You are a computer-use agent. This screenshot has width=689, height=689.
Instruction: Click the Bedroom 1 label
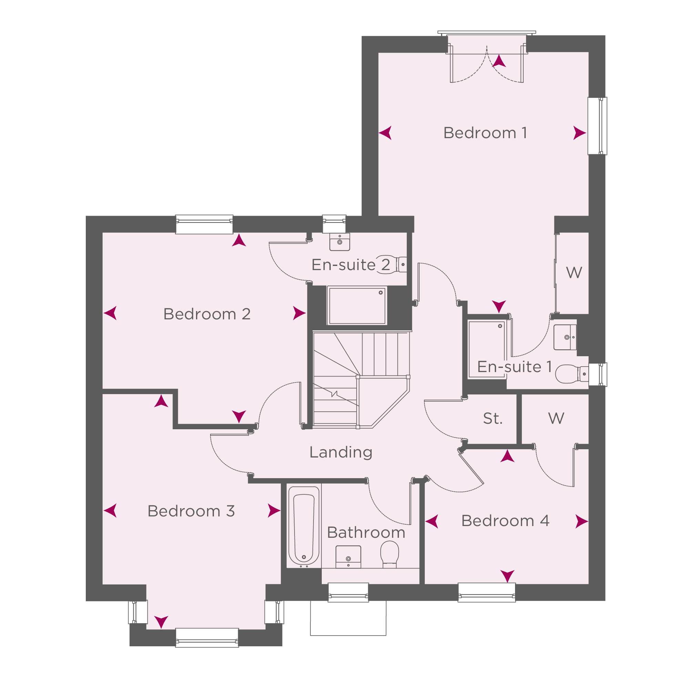(485, 133)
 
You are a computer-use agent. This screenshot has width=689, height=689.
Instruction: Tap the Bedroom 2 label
(207, 314)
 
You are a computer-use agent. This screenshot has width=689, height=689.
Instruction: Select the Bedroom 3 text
(191, 511)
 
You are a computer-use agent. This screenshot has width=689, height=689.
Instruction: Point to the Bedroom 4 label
(505, 521)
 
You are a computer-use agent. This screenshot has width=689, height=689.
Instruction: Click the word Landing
(341, 453)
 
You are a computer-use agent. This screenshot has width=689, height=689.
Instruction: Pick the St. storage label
(493, 418)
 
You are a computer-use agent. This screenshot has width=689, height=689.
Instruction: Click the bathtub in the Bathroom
(304, 526)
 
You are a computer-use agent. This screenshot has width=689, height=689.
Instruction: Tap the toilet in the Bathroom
(390, 554)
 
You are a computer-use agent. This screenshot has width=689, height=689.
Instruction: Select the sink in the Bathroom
(348, 557)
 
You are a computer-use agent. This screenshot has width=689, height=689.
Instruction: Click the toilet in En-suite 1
(572, 374)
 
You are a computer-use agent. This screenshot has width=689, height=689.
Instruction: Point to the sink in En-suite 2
(340, 242)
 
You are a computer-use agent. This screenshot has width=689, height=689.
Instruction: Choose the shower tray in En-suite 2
(357, 306)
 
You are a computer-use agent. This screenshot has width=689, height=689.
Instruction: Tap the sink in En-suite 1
(565, 337)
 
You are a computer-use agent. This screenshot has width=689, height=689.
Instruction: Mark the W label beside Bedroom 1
(574, 273)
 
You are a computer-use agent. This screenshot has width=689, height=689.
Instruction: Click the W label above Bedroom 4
(556, 418)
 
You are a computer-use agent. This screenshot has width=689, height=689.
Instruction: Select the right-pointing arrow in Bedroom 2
(300, 313)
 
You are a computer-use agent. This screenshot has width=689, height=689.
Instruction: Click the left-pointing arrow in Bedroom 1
(385, 133)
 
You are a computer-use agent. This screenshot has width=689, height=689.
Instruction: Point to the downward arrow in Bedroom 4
(507, 576)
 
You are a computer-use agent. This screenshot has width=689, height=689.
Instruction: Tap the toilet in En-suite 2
(391, 265)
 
